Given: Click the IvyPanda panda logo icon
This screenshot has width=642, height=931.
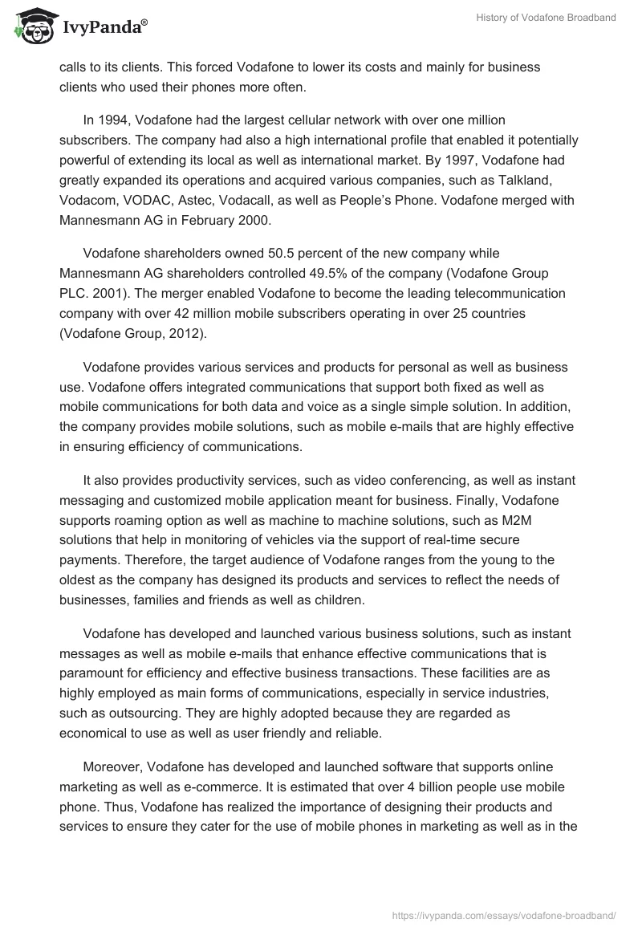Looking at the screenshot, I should [30, 26].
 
